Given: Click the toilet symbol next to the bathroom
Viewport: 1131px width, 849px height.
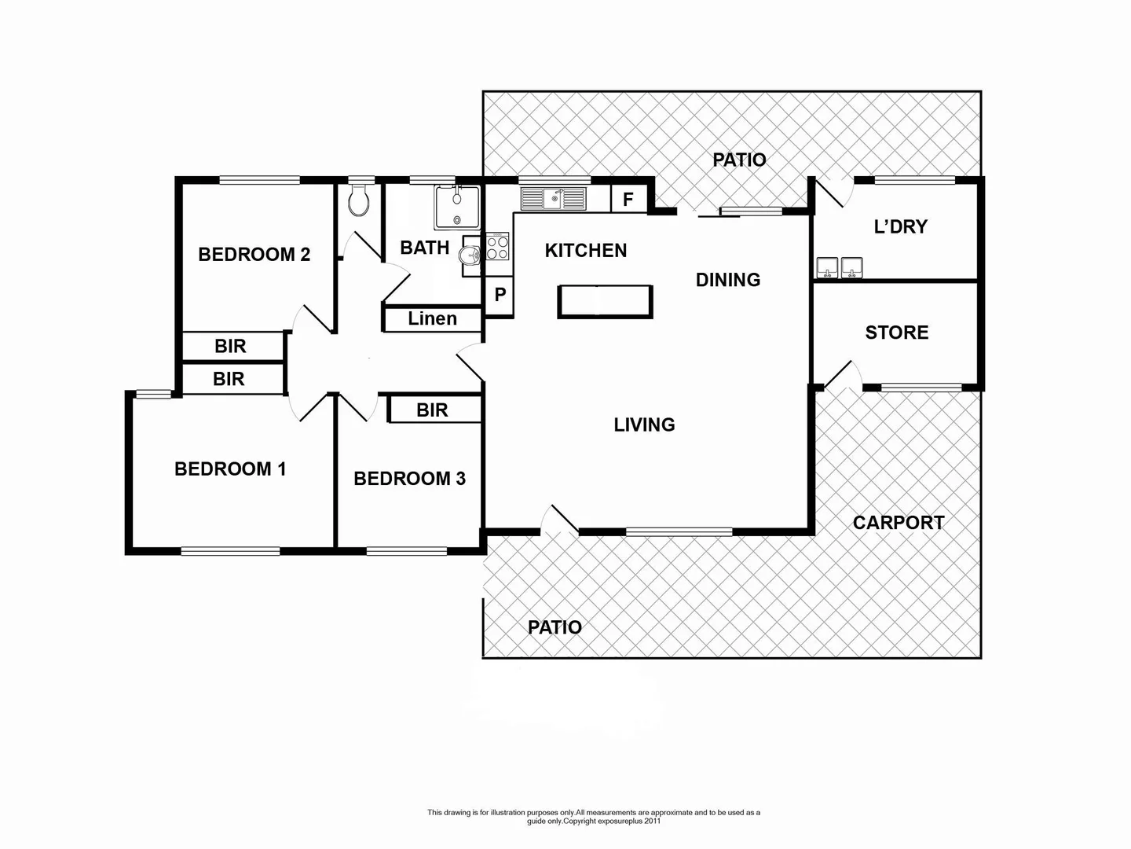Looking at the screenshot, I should [359, 201].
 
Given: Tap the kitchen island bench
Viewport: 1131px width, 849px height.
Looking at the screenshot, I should [605, 302].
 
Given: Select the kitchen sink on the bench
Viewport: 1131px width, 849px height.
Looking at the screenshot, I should [554, 199].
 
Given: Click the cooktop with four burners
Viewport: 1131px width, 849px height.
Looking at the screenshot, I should [497, 248].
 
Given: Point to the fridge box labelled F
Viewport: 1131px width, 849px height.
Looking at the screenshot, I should [628, 200].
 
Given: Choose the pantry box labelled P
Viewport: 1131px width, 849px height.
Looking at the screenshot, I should [500, 296].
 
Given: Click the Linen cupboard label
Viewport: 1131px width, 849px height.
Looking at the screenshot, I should [432, 318].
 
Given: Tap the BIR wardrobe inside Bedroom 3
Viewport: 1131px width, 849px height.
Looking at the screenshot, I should [433, 410].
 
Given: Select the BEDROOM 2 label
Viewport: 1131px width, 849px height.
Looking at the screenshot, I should [254, 254].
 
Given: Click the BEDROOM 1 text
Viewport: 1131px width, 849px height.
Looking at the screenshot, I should [230, 469].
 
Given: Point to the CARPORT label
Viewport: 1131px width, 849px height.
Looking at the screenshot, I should [899, 523].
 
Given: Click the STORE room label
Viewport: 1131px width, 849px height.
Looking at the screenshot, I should [897, 333].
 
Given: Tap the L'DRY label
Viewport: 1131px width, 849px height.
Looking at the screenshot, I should [901, 226].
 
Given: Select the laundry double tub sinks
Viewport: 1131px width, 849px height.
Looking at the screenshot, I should [840, 268].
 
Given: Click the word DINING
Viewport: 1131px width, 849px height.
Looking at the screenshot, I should [728, 280].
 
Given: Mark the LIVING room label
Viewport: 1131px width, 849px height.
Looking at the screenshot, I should [644, 424].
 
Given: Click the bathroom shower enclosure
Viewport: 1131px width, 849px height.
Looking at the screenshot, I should [457, 206].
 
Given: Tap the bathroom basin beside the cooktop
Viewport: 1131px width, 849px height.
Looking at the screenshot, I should [470, 255].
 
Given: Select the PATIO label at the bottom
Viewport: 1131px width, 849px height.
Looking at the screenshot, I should [555, 627].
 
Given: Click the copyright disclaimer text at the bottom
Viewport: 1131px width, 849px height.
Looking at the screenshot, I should [594, 817].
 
